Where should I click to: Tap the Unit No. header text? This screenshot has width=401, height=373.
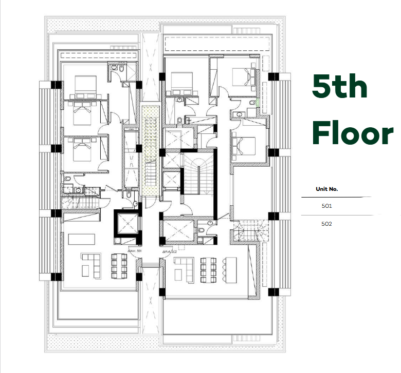(326, 189)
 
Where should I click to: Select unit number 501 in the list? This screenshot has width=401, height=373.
(326, 206)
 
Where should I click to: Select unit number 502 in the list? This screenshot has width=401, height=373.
(326, 224)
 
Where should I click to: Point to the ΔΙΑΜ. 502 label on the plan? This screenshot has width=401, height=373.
(169, 253)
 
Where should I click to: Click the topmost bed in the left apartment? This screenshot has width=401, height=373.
(84, 85)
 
